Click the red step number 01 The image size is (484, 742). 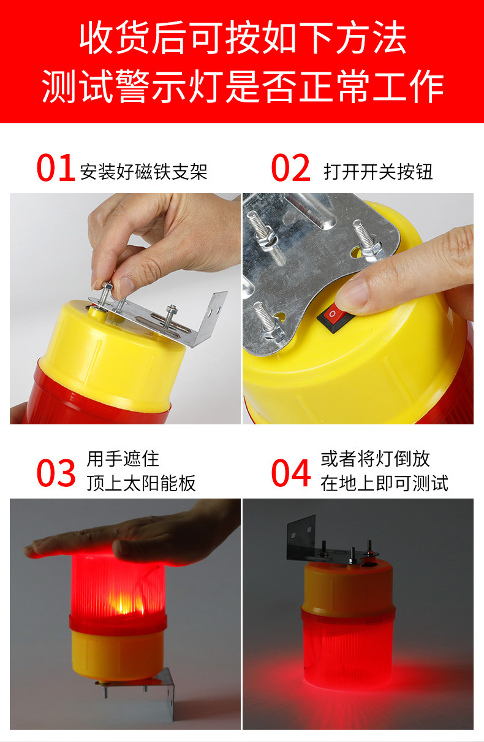(x=56, y=167)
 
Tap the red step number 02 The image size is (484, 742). (x=290, y=167)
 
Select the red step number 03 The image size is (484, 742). (x=56, y=473)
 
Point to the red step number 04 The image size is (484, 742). (x=290, y=473)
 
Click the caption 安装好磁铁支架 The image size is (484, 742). (x=144, y=172)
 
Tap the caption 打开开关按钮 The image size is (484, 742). (x=378, y=172)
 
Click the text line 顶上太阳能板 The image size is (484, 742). (x=142, y=483)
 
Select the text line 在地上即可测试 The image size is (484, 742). (x=384, y=483)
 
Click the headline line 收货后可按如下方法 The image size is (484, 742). (x=243, y=37)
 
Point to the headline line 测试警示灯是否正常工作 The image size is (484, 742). (x=243, y=86)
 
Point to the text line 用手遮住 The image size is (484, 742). (x=123, y=459)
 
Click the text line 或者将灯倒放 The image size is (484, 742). (x=375, y=459)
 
